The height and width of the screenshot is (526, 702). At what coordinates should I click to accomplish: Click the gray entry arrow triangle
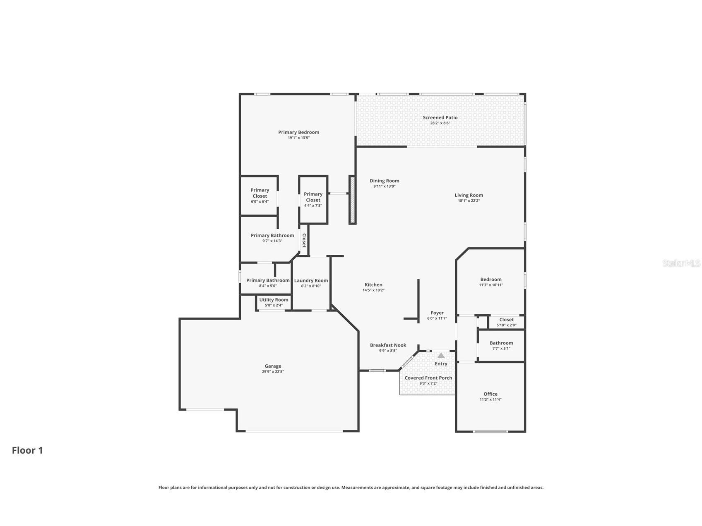pos(441,355)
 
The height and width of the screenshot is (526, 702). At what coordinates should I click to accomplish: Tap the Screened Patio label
pos(440,117)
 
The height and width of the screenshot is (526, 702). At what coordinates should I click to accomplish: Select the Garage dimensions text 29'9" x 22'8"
pos(273,371)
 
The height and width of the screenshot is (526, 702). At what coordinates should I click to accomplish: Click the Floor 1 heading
pos(27,450)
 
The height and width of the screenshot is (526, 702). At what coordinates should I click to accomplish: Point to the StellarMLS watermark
pos(681,263)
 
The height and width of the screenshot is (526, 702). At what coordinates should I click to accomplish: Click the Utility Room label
pos(274,300)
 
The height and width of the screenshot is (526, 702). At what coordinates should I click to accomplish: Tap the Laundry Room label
pos(311,280)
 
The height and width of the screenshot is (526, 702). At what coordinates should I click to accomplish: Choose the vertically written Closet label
pos(304,240)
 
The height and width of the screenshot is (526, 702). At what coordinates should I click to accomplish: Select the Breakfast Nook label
pos(388,345)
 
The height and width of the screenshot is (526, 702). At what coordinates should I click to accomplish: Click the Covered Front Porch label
pos(428,378)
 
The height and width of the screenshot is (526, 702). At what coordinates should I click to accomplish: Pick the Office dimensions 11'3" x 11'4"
pos(490,399)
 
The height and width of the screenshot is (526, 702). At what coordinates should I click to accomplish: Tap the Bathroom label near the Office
pos(501,343)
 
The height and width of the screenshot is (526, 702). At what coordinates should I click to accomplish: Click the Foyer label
pos(437,313)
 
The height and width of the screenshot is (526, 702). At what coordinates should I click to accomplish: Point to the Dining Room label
pos(385,181)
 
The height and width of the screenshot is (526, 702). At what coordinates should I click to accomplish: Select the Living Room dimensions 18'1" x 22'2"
pos(469,201)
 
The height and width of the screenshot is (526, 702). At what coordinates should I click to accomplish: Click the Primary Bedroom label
pos(298,132)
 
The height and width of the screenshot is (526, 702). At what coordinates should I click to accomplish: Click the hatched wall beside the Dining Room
pos(353,200)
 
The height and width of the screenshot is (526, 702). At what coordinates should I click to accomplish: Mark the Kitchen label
pos(373,285)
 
